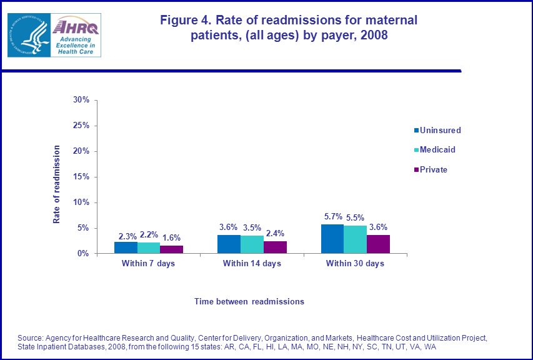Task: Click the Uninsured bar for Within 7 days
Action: coord(126,247)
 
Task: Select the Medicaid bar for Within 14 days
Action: coord(252,244)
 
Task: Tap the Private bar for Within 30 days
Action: coord(378,244)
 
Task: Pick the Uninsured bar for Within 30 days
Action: coord(332,239)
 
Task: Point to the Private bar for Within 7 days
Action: coord(171,249)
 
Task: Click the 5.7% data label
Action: coord(332,217)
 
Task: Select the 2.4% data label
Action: coord(276,234)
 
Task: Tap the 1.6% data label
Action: coord(172,238)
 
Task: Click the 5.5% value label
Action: coord(356,218)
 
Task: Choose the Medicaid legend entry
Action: coord(441,150)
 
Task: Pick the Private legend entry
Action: coord(434,169)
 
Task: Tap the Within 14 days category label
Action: coord(252,264)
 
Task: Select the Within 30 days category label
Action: coord(355,264)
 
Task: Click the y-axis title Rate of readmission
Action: coord(56,184)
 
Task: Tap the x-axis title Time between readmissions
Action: coord(249,301)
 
